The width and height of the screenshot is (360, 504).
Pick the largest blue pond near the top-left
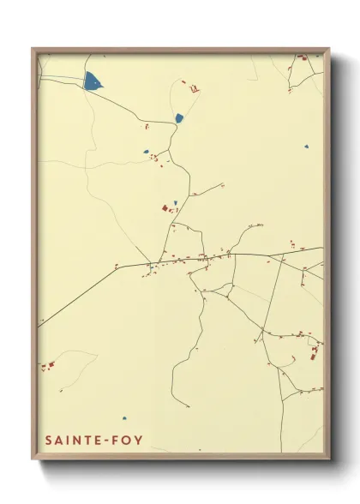coord(92,82)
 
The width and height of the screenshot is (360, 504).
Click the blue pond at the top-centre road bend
coord(179,118)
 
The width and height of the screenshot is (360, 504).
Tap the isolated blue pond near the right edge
coord(305,147)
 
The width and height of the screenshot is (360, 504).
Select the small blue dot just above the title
coord(123,419)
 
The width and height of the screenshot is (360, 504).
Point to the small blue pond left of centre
coord(147,153)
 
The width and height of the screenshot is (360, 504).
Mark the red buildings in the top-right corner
coord(302,60)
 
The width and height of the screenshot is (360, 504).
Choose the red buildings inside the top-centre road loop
coord(194,87)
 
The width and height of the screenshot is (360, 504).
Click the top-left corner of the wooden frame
coord(33,48)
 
